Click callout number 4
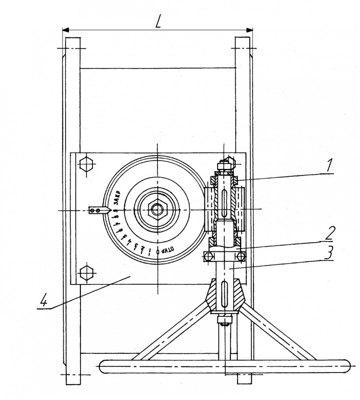click(44, 302)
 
